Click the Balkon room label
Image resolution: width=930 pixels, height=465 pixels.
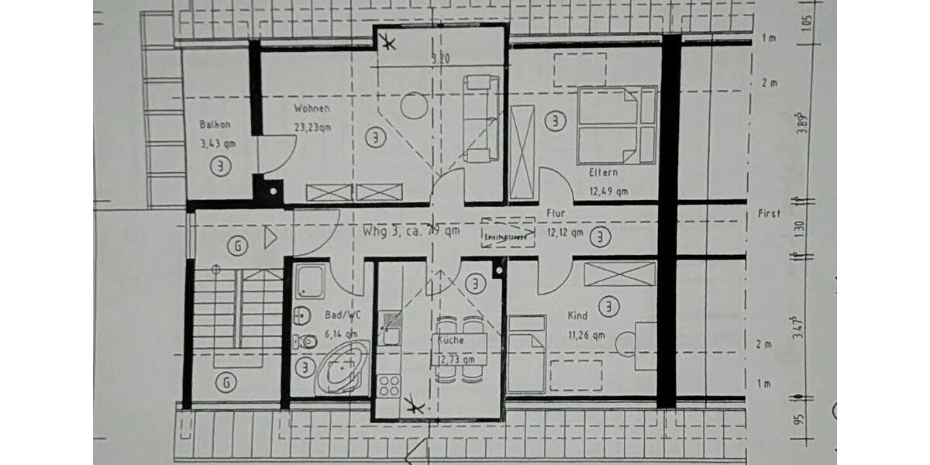215,124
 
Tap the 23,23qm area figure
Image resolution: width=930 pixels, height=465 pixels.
312,127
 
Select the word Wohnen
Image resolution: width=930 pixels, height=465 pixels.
312,108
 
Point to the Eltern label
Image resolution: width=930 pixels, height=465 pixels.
603,173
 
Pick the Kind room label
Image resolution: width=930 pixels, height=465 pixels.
577,315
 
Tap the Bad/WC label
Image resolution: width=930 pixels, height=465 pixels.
341,316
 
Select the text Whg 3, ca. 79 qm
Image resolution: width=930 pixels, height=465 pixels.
411,230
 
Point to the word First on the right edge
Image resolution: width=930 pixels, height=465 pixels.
770,213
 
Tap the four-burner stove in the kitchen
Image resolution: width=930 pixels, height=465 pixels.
388,385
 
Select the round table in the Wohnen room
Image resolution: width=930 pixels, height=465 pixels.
414,105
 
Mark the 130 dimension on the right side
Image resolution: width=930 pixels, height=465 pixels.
801,229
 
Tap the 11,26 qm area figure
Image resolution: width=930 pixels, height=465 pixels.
587,335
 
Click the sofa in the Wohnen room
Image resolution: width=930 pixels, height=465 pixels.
480,118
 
